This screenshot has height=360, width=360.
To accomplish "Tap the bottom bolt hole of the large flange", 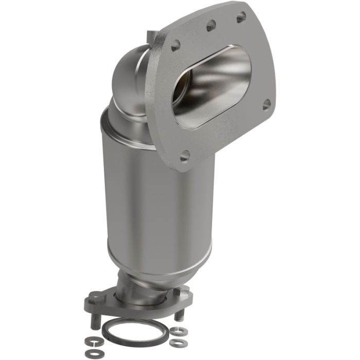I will coord(185,155).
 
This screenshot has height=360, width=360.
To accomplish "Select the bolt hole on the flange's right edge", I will coord(266,104).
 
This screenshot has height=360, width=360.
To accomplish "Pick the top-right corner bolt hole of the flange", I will coord(241,18).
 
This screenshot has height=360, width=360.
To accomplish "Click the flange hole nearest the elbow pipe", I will coord(176,45).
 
